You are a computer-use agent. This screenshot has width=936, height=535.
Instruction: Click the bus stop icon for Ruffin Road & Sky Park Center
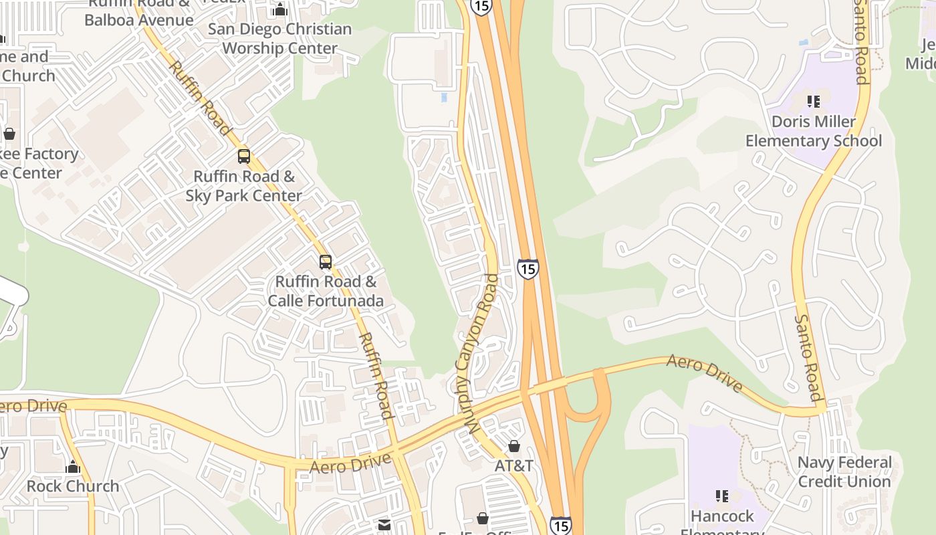(x=244, y=156)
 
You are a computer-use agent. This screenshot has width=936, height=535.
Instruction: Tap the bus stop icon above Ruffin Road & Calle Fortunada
(x=326, y=262)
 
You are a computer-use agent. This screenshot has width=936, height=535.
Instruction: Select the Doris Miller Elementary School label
(x=813, y=131)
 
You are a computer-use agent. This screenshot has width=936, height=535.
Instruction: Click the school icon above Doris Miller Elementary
(x=813, y=102)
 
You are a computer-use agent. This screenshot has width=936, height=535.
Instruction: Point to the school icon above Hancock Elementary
(x=722, y=496)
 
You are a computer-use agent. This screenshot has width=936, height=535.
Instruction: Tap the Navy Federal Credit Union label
(x=844, y=471)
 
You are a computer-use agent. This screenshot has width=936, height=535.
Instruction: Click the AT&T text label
(x=513, y=465)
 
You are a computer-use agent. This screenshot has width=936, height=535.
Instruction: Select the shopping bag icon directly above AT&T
(x=513, y=446)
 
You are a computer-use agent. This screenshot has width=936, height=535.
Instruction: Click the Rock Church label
(x=73, y=486)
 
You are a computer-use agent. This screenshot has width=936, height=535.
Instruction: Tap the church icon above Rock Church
(x=73, y=466)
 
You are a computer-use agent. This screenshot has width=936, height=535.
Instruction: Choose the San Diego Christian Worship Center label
(x=279, y=39)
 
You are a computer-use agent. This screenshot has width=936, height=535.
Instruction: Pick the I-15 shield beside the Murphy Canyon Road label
(x=528, y=269)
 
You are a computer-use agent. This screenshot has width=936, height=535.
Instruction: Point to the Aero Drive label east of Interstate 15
(x=705, y=373)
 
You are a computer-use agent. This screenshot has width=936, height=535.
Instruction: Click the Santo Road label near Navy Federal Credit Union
(x=807, y=358)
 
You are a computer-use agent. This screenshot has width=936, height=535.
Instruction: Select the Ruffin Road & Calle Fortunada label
(x=326, y=291)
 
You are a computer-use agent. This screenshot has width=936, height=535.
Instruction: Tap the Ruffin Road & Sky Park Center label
(x=244, y=186)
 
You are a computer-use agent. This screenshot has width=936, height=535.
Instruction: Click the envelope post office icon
(x=384, y=525)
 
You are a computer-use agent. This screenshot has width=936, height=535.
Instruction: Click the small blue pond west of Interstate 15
(x=444, y=98)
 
